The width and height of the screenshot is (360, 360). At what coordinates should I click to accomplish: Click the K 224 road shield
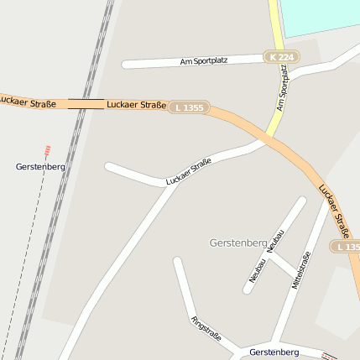point(281,57)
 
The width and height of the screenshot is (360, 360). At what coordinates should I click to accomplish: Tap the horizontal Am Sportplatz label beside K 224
point(204,61)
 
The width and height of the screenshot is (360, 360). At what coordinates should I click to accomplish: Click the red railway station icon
point(48,152)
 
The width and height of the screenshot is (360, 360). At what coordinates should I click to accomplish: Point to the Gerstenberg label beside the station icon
point(40,166)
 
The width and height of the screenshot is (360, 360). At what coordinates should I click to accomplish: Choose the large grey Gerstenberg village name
point(237,243)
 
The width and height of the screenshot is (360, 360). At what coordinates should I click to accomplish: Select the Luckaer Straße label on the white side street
point(189,171)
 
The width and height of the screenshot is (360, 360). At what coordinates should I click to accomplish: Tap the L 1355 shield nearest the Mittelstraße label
point(345,247)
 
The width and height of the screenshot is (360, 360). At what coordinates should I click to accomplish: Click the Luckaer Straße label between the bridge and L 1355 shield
point(136,105)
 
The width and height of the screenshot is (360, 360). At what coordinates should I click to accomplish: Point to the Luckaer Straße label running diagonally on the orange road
point(337,210)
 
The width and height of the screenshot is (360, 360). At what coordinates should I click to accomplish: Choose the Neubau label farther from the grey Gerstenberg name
point(257,269)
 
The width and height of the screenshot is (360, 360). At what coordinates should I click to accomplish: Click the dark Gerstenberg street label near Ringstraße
point(274,352)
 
